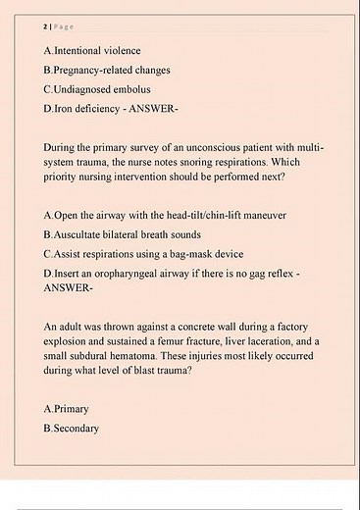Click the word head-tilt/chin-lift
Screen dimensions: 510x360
188,214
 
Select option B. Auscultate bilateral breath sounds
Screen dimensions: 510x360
123,234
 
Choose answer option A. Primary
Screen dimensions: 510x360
67,407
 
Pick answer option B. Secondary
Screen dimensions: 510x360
72,428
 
